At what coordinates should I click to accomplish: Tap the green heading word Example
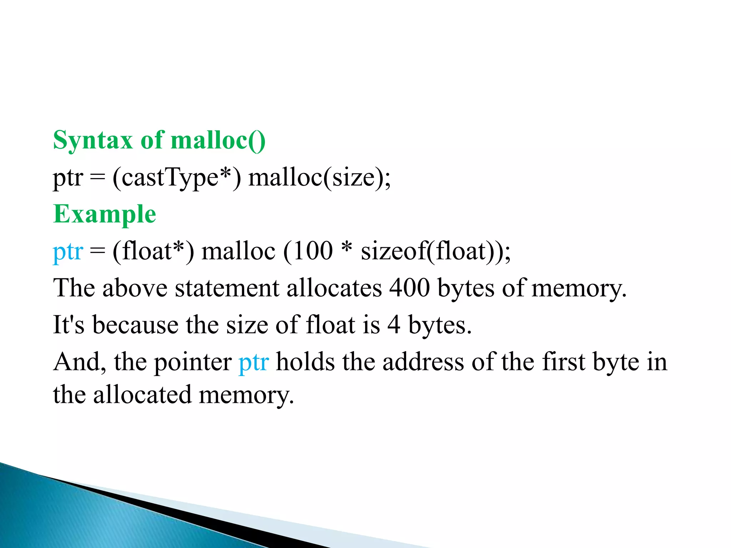click(105, 214)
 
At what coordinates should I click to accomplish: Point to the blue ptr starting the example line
click(68, 252)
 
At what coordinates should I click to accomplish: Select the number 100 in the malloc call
click(313, 251)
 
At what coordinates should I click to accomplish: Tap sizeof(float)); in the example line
click(436, 251)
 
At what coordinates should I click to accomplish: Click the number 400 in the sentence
click(409, 288)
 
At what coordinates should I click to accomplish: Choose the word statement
click(227, 288)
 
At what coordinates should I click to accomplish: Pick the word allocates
click(334, 288)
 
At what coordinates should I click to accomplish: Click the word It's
click(69, 325)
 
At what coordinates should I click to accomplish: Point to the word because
click(135, 325)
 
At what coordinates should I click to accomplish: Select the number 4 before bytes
click(394, 325)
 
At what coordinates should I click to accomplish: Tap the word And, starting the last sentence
click(79, 362)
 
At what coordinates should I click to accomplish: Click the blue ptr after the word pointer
click(254, 362)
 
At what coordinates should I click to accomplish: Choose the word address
click(423, 362)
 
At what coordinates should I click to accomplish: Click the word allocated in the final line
click(142, 395)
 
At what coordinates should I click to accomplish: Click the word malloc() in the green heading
click(218, 141)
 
